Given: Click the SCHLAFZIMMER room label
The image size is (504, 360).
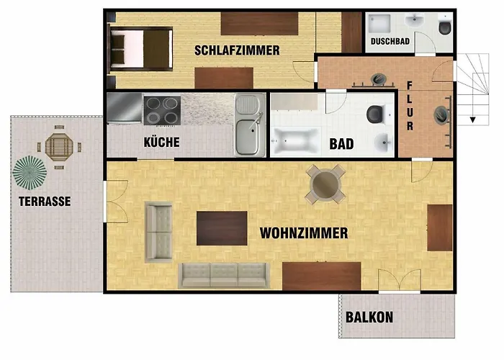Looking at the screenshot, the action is point(237,50).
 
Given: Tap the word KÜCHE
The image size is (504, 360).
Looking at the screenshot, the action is point(162,142).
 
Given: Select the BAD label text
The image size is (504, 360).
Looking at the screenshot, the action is point(341,144).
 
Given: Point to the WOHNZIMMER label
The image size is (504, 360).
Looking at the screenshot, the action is point(304,233).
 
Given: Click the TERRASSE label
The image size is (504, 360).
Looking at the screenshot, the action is point(45,202).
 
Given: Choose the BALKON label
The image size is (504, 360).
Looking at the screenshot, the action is point(369,318).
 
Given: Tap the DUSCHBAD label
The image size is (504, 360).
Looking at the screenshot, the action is point(390,42).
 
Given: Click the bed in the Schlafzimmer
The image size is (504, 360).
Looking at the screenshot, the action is point(140,49).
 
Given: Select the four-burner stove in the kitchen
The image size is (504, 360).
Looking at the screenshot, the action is point(162,110).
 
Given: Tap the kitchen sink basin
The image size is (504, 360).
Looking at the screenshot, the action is point(247,136).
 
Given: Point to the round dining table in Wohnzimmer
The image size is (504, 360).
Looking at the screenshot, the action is point(325,184).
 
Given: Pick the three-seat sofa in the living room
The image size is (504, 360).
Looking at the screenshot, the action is point(224,275).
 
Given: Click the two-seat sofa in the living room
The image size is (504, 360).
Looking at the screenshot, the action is point(159,232).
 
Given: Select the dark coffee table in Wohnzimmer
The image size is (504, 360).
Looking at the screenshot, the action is point(222,228).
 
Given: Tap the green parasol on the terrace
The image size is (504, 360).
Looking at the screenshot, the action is point(30,173).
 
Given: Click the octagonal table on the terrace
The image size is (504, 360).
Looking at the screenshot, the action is point(59,147).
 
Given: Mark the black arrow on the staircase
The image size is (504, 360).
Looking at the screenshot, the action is point(472,120).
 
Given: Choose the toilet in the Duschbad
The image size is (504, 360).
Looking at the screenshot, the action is point(445,27).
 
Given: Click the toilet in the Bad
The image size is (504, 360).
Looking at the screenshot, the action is point(375,114).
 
